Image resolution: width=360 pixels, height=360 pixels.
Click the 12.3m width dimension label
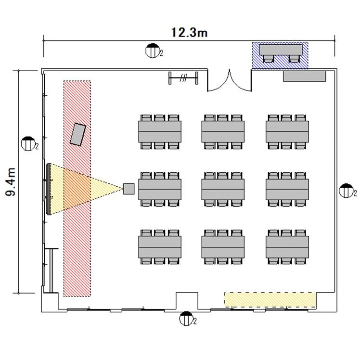(189, 32)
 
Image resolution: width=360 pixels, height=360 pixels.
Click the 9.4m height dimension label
(11, 182)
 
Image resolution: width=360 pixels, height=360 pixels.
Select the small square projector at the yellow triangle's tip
(129, 189)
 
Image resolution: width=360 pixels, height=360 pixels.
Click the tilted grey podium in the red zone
(78, 134)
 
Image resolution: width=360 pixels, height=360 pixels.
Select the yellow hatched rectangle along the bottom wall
(270, 300)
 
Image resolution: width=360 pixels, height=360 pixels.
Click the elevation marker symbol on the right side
(347, 191)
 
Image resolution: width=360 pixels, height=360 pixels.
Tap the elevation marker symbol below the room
(186, 319)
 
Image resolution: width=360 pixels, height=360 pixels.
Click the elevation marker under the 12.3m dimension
(153, 51)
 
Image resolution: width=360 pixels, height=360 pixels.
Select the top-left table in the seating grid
(160, 131)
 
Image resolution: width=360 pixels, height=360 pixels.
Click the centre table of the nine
(223, 189)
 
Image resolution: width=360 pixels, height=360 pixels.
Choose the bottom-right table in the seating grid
(287, 247)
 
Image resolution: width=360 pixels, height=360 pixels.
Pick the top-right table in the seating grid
(287, 131)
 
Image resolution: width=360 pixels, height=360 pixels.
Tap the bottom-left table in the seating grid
(160, 247)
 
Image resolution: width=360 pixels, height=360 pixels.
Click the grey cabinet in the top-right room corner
(305, 76)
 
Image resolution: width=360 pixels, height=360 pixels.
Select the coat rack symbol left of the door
(183, 78)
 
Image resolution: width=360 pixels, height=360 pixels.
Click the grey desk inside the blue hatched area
(281, 50)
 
